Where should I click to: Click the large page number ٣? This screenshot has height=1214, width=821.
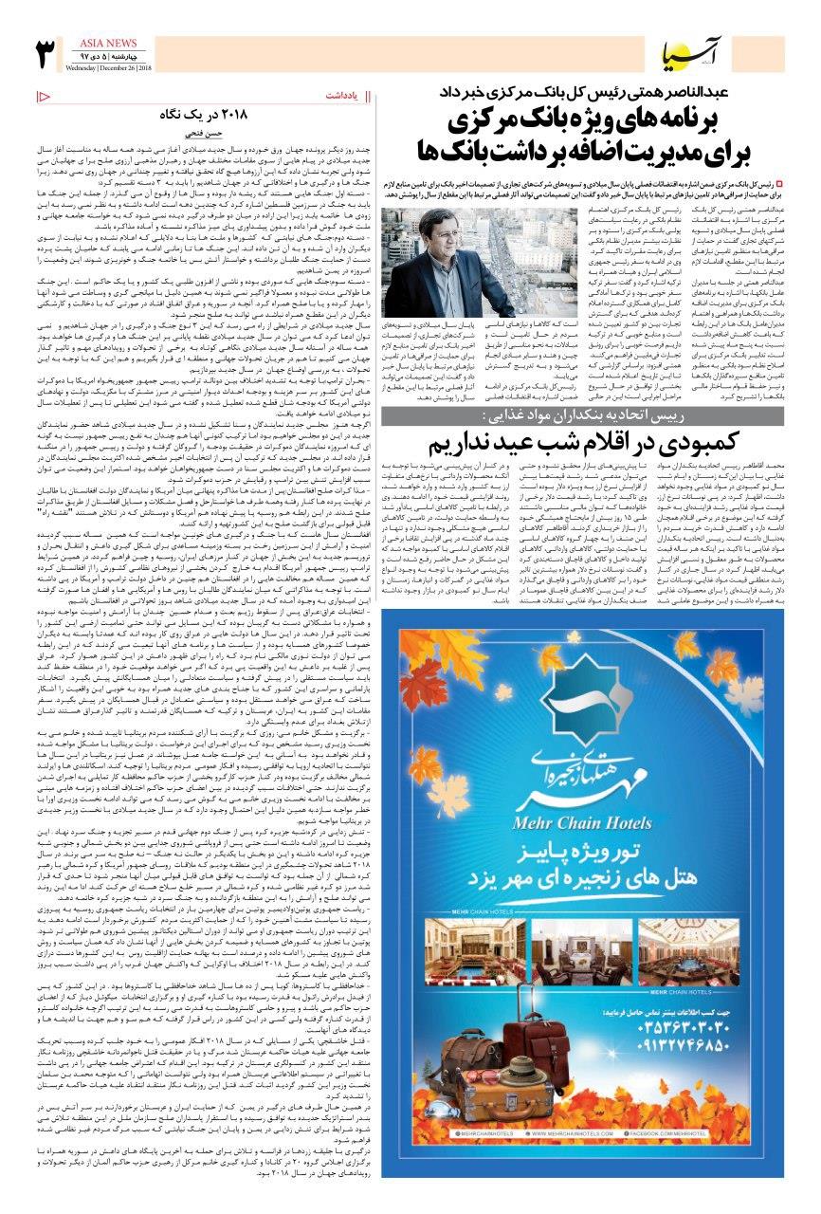(x=45, y=55)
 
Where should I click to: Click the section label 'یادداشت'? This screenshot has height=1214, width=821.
(x=338, y=96)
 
